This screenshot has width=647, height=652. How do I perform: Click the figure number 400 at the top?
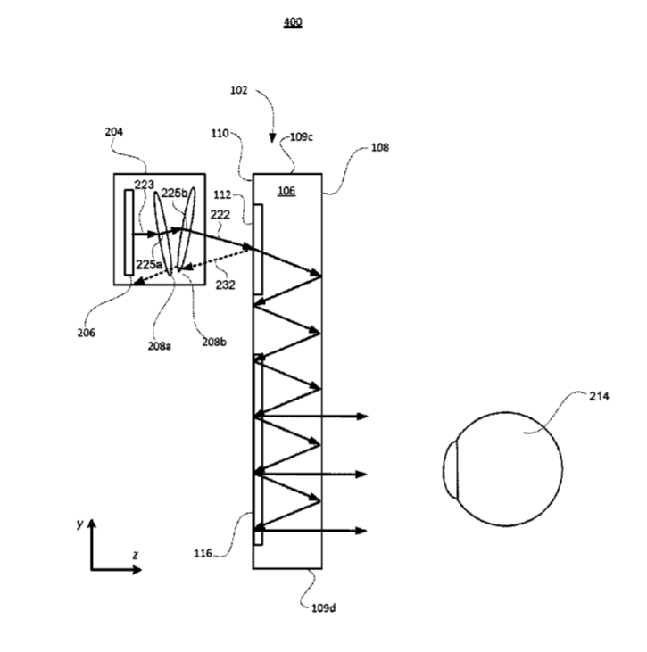293,22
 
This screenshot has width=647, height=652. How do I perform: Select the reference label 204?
113,132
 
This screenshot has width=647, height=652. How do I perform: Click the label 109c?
303,138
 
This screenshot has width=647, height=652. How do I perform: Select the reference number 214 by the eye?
599,396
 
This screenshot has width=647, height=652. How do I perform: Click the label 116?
203,553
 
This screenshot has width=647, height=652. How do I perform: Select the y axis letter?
80,524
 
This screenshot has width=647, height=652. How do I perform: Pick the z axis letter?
135,555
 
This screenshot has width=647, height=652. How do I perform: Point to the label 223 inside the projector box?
145,184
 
